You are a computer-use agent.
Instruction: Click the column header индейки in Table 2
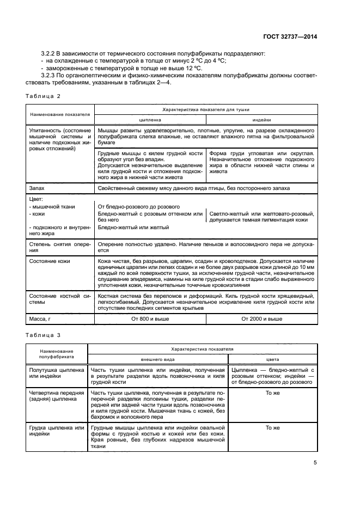261,119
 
